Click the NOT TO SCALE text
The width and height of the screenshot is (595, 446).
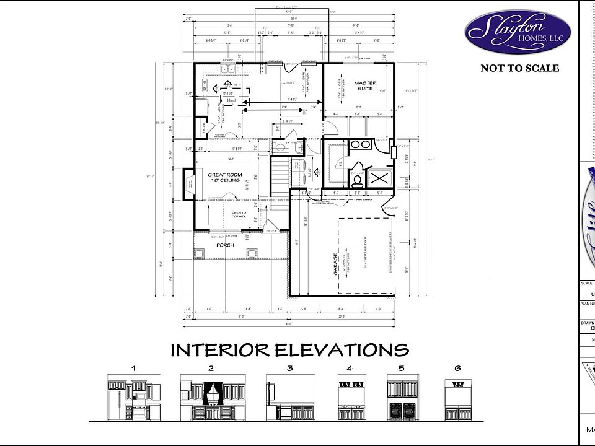click(x=519, y=68)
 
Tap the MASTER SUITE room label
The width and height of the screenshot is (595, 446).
click(x=364, y=85)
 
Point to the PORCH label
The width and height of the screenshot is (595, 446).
click(x=224, y=245)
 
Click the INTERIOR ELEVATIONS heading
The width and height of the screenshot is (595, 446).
click(x=289, y=350)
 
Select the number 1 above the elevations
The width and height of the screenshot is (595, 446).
click(x=133, y=368)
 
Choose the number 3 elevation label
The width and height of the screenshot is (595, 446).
click(x=289, y=368)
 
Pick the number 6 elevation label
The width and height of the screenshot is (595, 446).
click(x=457, y=368)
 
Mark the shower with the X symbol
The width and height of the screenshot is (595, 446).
click(x=379, y=179)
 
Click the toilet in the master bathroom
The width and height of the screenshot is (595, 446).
click(x=358, y=181)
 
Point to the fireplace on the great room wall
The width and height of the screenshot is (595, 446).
click(x=188, y=185)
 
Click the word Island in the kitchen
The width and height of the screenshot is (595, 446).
click(x=231, y=100)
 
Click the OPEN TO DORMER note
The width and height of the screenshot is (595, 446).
click(x=239, y=215)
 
